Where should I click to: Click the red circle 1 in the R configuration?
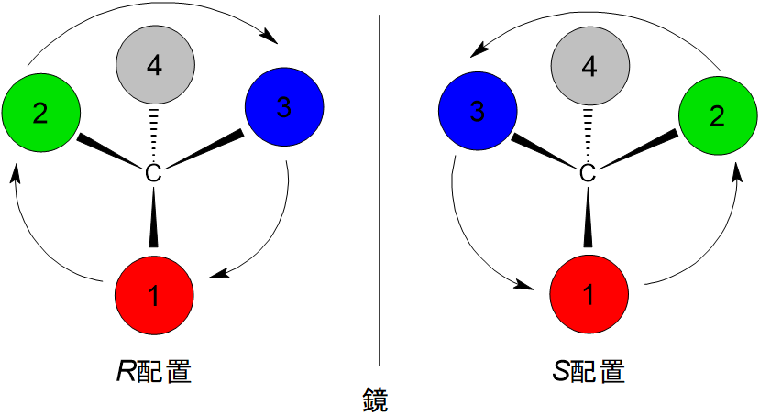(x=154, y=295)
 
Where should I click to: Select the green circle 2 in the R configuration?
(x=40, y=113)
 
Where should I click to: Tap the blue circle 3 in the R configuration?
(x=285, y=108)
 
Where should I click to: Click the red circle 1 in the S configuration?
(x=589, y=295)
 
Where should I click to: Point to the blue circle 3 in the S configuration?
(x=477, y=113)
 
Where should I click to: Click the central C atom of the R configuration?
(x=154, y=172)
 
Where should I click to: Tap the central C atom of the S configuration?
(x=589, y=172)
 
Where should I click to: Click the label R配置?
(x=153, y=372)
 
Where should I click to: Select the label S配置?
(x=589, y=372)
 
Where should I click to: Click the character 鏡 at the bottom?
(x=376, y=400)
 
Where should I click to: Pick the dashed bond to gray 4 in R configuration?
(x=154, y=133)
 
